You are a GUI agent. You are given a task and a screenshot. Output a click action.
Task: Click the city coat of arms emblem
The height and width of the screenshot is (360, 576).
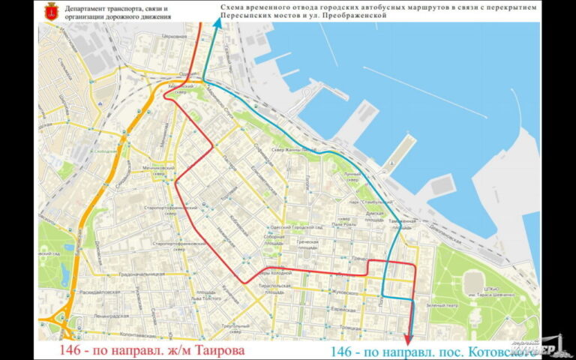(52, 10)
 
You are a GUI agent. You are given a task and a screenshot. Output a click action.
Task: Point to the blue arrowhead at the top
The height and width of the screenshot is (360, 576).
(217, 25)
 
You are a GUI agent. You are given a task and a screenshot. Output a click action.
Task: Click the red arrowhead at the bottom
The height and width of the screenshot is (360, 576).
(407, 338)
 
